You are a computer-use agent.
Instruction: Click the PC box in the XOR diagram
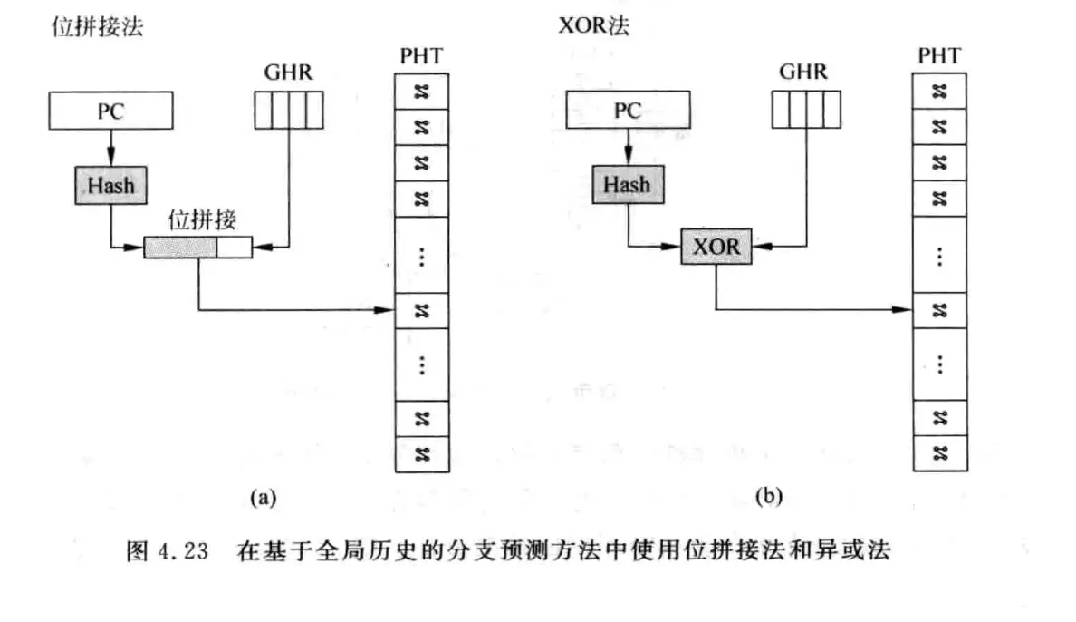click(627, 112)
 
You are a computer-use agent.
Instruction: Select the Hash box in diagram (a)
click(110, 185)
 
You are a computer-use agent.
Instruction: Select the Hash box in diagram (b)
click(627, 185)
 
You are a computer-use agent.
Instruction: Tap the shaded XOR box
click(716, 246)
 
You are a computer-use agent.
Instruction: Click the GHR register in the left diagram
click(287, 112)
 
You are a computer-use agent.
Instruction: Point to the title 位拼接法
click(99, 27)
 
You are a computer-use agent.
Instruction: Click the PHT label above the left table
click(421, 56)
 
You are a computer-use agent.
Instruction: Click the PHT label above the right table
click(939, 56)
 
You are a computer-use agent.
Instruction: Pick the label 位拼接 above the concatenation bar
click(197, 220)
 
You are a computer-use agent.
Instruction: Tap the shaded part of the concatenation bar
click(180, 246)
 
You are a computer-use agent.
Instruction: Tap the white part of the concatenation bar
click(234, 246)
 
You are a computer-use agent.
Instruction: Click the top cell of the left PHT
click(421, 91)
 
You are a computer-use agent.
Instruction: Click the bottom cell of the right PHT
click(939, 452)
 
